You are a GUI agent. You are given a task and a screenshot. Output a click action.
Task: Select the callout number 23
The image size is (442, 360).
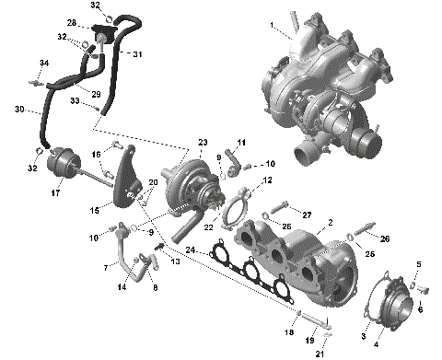pyautogui.click(x=202, y=142)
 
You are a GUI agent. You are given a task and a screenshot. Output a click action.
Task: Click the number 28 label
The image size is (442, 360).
pyautogui.click(x=72, y=21)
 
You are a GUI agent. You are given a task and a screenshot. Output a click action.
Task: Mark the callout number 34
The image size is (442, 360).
pyautogui.click(x=42, y=63)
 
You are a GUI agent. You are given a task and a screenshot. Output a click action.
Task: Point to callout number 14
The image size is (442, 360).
pyautogui.click(x=122, y=287)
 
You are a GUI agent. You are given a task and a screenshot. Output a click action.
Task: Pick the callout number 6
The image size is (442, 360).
pyautogui.click(x=421, y=309)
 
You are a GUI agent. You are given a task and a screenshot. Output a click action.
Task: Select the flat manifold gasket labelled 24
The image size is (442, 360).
pyautogui.click(x=249, y=273)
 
